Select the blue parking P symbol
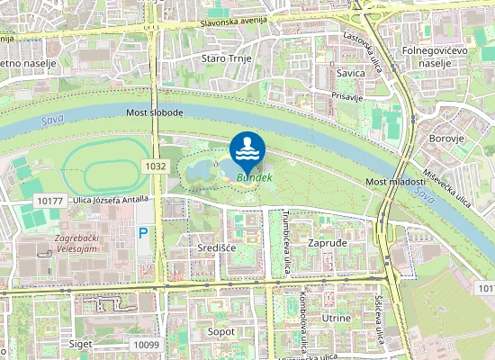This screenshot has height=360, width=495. click(143, 233)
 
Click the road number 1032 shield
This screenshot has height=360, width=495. click(155, 166)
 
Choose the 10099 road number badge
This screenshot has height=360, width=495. click(145, 344)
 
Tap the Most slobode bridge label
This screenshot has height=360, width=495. click(155, 112)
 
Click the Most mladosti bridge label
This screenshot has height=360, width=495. click(395, 182)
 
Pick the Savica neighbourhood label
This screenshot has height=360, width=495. click(350, 73)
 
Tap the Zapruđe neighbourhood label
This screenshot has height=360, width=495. click(328, 244)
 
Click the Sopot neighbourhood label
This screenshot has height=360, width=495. click(220, 332)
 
